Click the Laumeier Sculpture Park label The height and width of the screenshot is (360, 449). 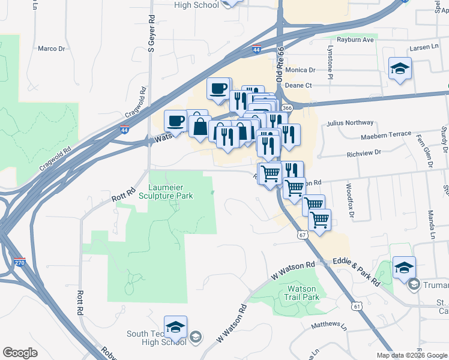tap(166, 190)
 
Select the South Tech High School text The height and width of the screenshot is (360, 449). tap(151, 338)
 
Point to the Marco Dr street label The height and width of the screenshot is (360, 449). tap(51, 49)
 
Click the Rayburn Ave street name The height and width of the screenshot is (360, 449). tap(355, 40)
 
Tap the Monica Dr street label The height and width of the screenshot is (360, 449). tap(300, 70)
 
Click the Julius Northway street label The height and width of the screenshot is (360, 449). tap(346, 123)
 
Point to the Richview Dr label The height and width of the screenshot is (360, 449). tap(364, 153)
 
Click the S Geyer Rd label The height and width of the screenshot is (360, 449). tap(151, 35)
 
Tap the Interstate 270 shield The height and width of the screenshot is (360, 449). tap(19, 262)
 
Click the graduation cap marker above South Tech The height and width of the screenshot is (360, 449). tap(175, 328)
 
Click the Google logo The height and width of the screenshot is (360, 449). tap(20, 353)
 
